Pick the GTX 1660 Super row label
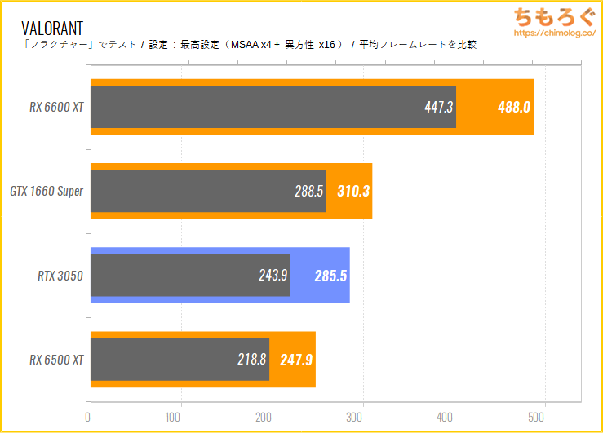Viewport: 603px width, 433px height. click(x=47, y=191)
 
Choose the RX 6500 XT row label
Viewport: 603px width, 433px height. click(x=56, y=360)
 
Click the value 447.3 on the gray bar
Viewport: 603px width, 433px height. click(x=438, y=107)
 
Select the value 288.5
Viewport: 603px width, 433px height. click(x=308, y=191)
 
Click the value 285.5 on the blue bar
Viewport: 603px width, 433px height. click(x=330, y=276)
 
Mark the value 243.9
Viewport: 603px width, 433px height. click(x=273, y=276)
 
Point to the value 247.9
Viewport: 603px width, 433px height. click(x=296, y=360)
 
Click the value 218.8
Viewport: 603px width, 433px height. click(x=251, y=360)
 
